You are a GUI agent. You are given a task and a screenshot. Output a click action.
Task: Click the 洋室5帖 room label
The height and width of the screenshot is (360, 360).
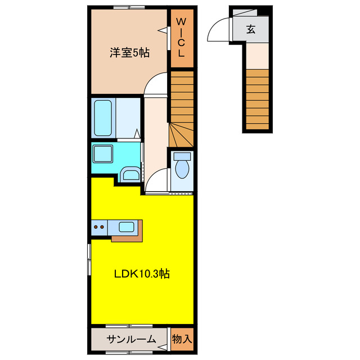click(x=129, y=53)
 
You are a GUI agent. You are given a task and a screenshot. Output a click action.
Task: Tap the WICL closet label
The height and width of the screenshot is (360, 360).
click(x=182, y=38)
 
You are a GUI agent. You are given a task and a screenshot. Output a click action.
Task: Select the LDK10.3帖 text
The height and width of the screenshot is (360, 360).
click(x=142, y=274)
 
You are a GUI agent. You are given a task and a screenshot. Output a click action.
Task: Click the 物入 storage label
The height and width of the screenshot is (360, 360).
click(x=182, y=339)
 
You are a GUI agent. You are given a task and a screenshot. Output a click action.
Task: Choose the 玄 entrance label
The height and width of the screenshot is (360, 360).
click(x=250, y=30)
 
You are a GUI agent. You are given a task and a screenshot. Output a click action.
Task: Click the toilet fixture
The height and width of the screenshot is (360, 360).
click(x=181, y=167)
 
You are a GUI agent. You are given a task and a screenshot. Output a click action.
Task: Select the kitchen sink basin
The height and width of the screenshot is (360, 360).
click(x=126, y=227)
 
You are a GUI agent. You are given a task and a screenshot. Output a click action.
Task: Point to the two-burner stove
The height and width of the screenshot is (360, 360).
click(x=100, y=227)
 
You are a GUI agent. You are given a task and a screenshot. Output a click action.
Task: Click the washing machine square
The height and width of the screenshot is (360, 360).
click(x=103, y=154)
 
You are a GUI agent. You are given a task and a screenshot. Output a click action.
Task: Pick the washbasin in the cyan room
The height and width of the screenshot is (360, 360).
click(x=130, y=174)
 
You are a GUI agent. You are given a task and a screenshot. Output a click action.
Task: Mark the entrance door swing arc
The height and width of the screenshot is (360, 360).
click(x=218, y=30)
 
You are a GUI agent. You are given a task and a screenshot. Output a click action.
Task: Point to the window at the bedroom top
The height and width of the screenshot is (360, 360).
click(x=129, y=7)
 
